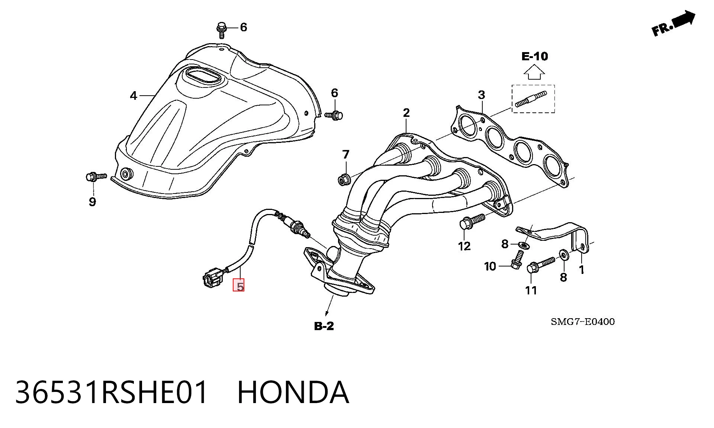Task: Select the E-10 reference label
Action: pyautogui.click(x=534, y=57)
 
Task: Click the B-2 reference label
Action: pyautogui.click(x=324, y=326)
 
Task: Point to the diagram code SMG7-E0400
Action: pyautogui.click(x=583, y=322)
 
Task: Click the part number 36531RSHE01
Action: pyautogui.click(x=111, y=392)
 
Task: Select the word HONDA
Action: pyautogui.click(x=293, y=392)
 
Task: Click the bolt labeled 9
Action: pyautogui.click(x=96, y=177)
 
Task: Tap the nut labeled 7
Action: pyautogui.click(x=344, y=179)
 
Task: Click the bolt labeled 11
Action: pyautogui.click(x=540, y=265)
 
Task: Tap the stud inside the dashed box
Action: pyautogui.click(x=531, y=99)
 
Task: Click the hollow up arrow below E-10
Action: pyautogui.click(x=534, y=72)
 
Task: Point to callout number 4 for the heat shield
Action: pyautogui.click(x=134, y=96)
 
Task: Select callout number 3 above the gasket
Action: pyautogui.click(x=482, y=95)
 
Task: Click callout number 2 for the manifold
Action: pyautogui.click(x=406, y=113)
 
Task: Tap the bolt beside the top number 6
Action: pyautogui.click(x=221, y=29)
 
